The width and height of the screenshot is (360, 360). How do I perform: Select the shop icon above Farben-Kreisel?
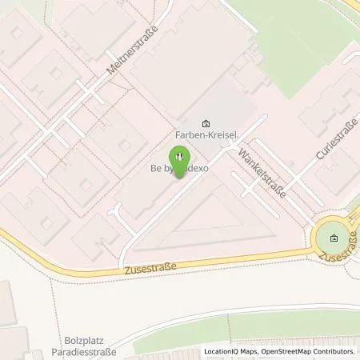pyautogui.click(x=206, y=123)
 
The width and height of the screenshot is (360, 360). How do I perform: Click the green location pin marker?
pyautogui.click(x=180, y=158)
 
